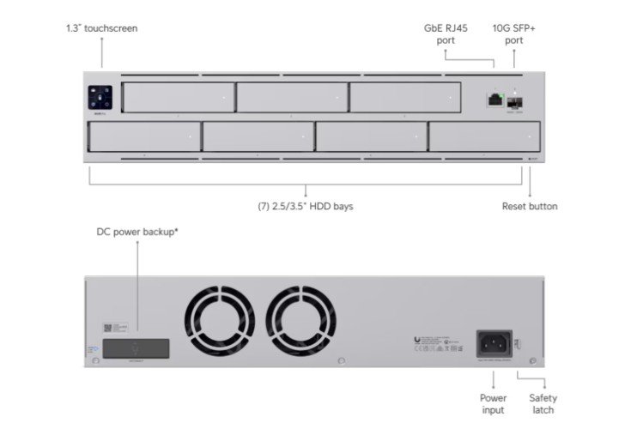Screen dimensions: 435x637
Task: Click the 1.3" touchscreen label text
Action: pos(101,28)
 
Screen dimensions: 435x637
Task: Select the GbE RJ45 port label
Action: pos(446,34)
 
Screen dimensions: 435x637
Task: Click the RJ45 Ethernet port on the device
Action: pos(494,99)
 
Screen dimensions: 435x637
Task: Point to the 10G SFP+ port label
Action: pos(513,34)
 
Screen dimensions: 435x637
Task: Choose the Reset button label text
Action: pos(529,206)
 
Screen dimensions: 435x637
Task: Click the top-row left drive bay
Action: pos(179,97)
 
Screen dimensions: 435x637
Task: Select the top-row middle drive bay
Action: pos(292,97)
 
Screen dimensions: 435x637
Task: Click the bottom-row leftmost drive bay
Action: pos(143,136)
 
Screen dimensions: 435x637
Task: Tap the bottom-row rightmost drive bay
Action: pos(485,136)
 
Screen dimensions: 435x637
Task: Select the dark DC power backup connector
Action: pos(135,348)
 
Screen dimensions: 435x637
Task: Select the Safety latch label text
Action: pos(543,403)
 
